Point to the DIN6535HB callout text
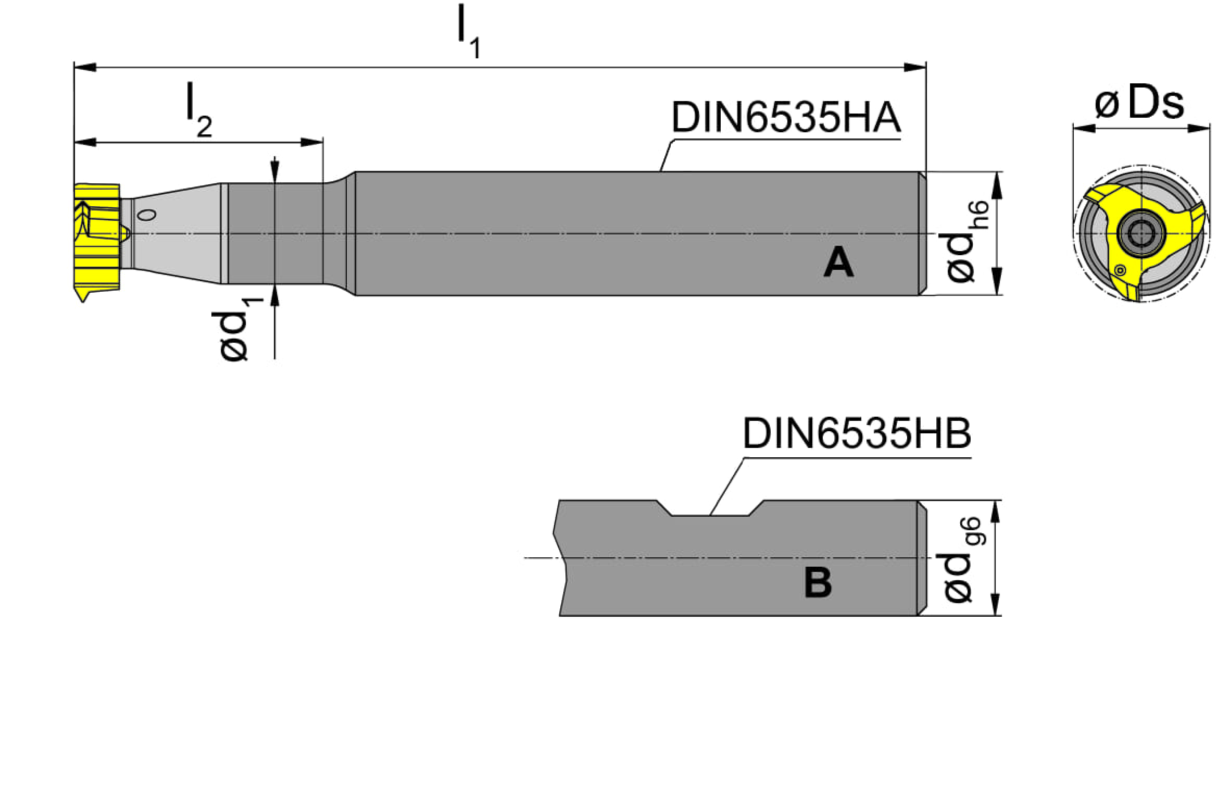pos(856,433)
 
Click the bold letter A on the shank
pos(838,263)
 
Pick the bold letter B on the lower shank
pos(818,583)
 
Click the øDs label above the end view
pos(1139,104)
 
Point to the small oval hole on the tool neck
pos(147,215)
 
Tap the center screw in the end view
pos(1140,233)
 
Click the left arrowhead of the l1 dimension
pos(84,67)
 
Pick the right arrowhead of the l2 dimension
pos(312,142)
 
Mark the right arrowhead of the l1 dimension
pos(915,67)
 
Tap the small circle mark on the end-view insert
pos(1120,270)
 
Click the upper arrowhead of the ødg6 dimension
pos(995,511)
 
